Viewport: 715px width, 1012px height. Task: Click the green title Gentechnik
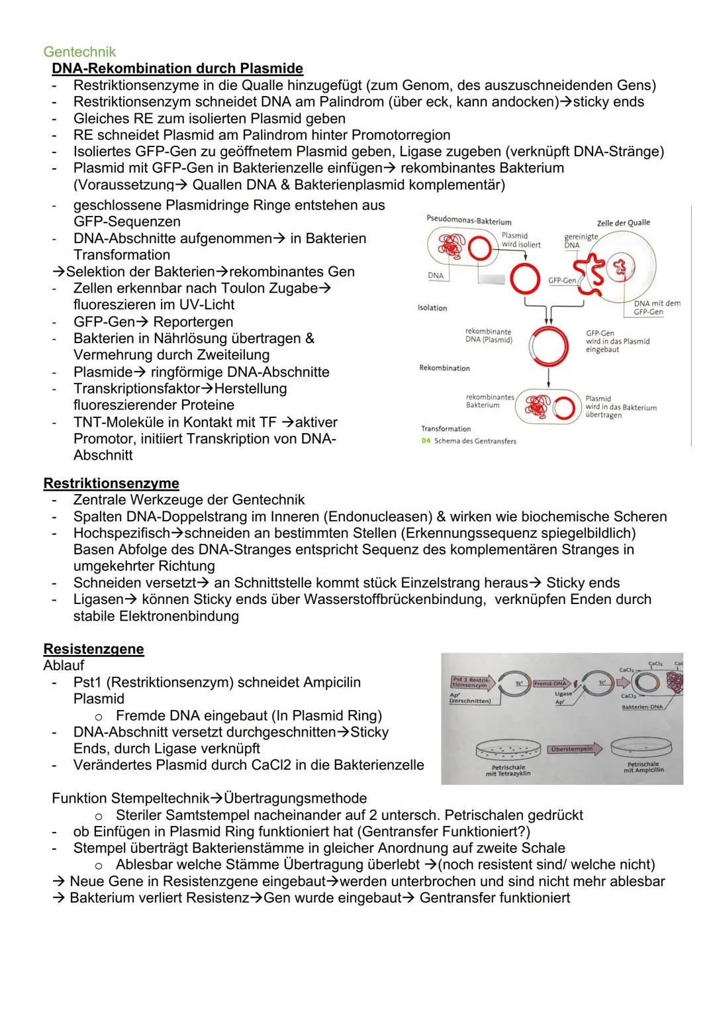[x=79, y=52]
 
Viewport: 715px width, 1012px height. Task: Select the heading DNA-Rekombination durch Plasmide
[x=177, y=68]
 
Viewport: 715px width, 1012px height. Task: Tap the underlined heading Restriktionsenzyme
[x=111, y=483]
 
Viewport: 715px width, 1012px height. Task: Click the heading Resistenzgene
[x=93, y=648]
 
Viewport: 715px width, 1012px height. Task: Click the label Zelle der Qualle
[x=623, y=223]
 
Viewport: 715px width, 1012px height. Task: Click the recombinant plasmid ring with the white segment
[x=548, y=344]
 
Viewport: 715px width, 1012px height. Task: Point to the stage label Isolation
[x=432, y=308]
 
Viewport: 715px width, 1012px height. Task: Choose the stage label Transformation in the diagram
[x=446, y=429]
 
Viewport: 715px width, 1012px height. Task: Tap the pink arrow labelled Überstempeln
[x=573, y=749]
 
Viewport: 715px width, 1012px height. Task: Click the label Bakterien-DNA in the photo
[x=642, y=707]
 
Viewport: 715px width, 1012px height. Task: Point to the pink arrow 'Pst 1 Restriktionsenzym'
[x=471, y=682]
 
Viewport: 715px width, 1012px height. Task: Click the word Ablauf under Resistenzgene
[x=64, y=665]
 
